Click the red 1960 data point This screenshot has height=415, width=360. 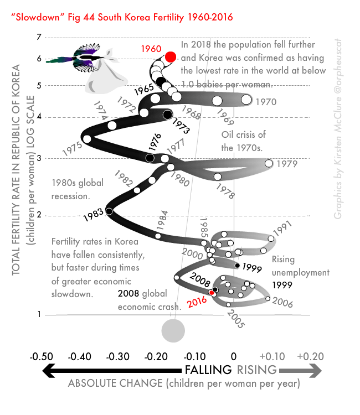(x=171, y=56)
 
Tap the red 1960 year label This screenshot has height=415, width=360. (x=151, y=49)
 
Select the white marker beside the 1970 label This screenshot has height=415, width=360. (x=246, y=100)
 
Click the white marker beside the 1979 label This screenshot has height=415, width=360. (x=269, y=163)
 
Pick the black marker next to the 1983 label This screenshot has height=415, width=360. (x=109, y=211)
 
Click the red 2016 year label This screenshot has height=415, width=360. (x=197, y=302)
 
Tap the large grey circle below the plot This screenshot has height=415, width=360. (x=172, y=331)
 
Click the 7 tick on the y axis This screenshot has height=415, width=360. (x=39, y=38)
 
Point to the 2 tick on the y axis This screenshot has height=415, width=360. (x=39, y=215)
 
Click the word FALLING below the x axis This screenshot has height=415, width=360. (x=208, y=370)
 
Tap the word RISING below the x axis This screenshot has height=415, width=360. (x=256, y=370)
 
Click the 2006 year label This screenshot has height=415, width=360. (x=282, y=303)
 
